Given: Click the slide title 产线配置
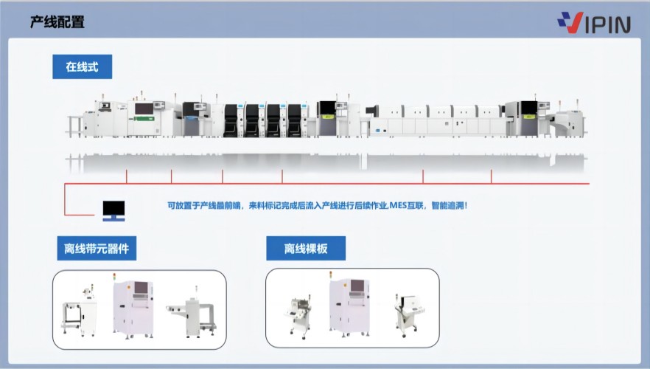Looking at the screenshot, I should [57, 22].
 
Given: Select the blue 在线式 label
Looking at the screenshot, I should [82, 67].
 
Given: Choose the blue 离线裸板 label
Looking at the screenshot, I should [305, 249].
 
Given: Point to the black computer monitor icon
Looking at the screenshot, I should [113, 210].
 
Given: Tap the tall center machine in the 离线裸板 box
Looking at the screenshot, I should [349, 308].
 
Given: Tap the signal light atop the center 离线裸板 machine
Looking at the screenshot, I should [330, 276].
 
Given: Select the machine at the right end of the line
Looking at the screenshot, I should [568, 122].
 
